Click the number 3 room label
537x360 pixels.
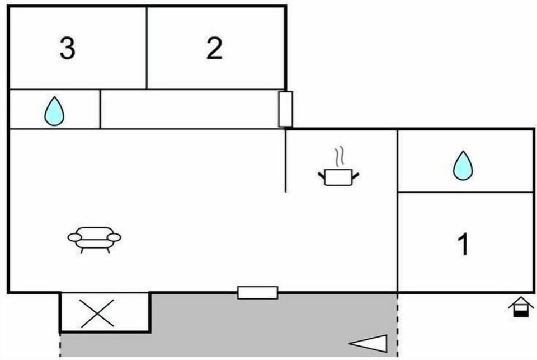68,48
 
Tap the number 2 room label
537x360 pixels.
214,48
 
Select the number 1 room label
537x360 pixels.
463,244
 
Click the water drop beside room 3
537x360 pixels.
54,111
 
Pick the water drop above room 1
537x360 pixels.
463,166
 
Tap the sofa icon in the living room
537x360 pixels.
94,240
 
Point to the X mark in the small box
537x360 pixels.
97,314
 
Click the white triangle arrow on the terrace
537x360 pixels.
369,343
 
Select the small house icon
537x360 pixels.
521,307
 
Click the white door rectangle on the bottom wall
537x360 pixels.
257,292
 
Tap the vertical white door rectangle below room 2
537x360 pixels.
285,109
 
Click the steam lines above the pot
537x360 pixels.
340,157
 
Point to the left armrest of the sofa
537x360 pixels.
74,237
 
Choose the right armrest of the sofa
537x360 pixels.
114,237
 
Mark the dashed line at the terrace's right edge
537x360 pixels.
398,325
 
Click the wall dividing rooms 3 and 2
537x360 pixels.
147,48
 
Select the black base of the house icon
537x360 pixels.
521,314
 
